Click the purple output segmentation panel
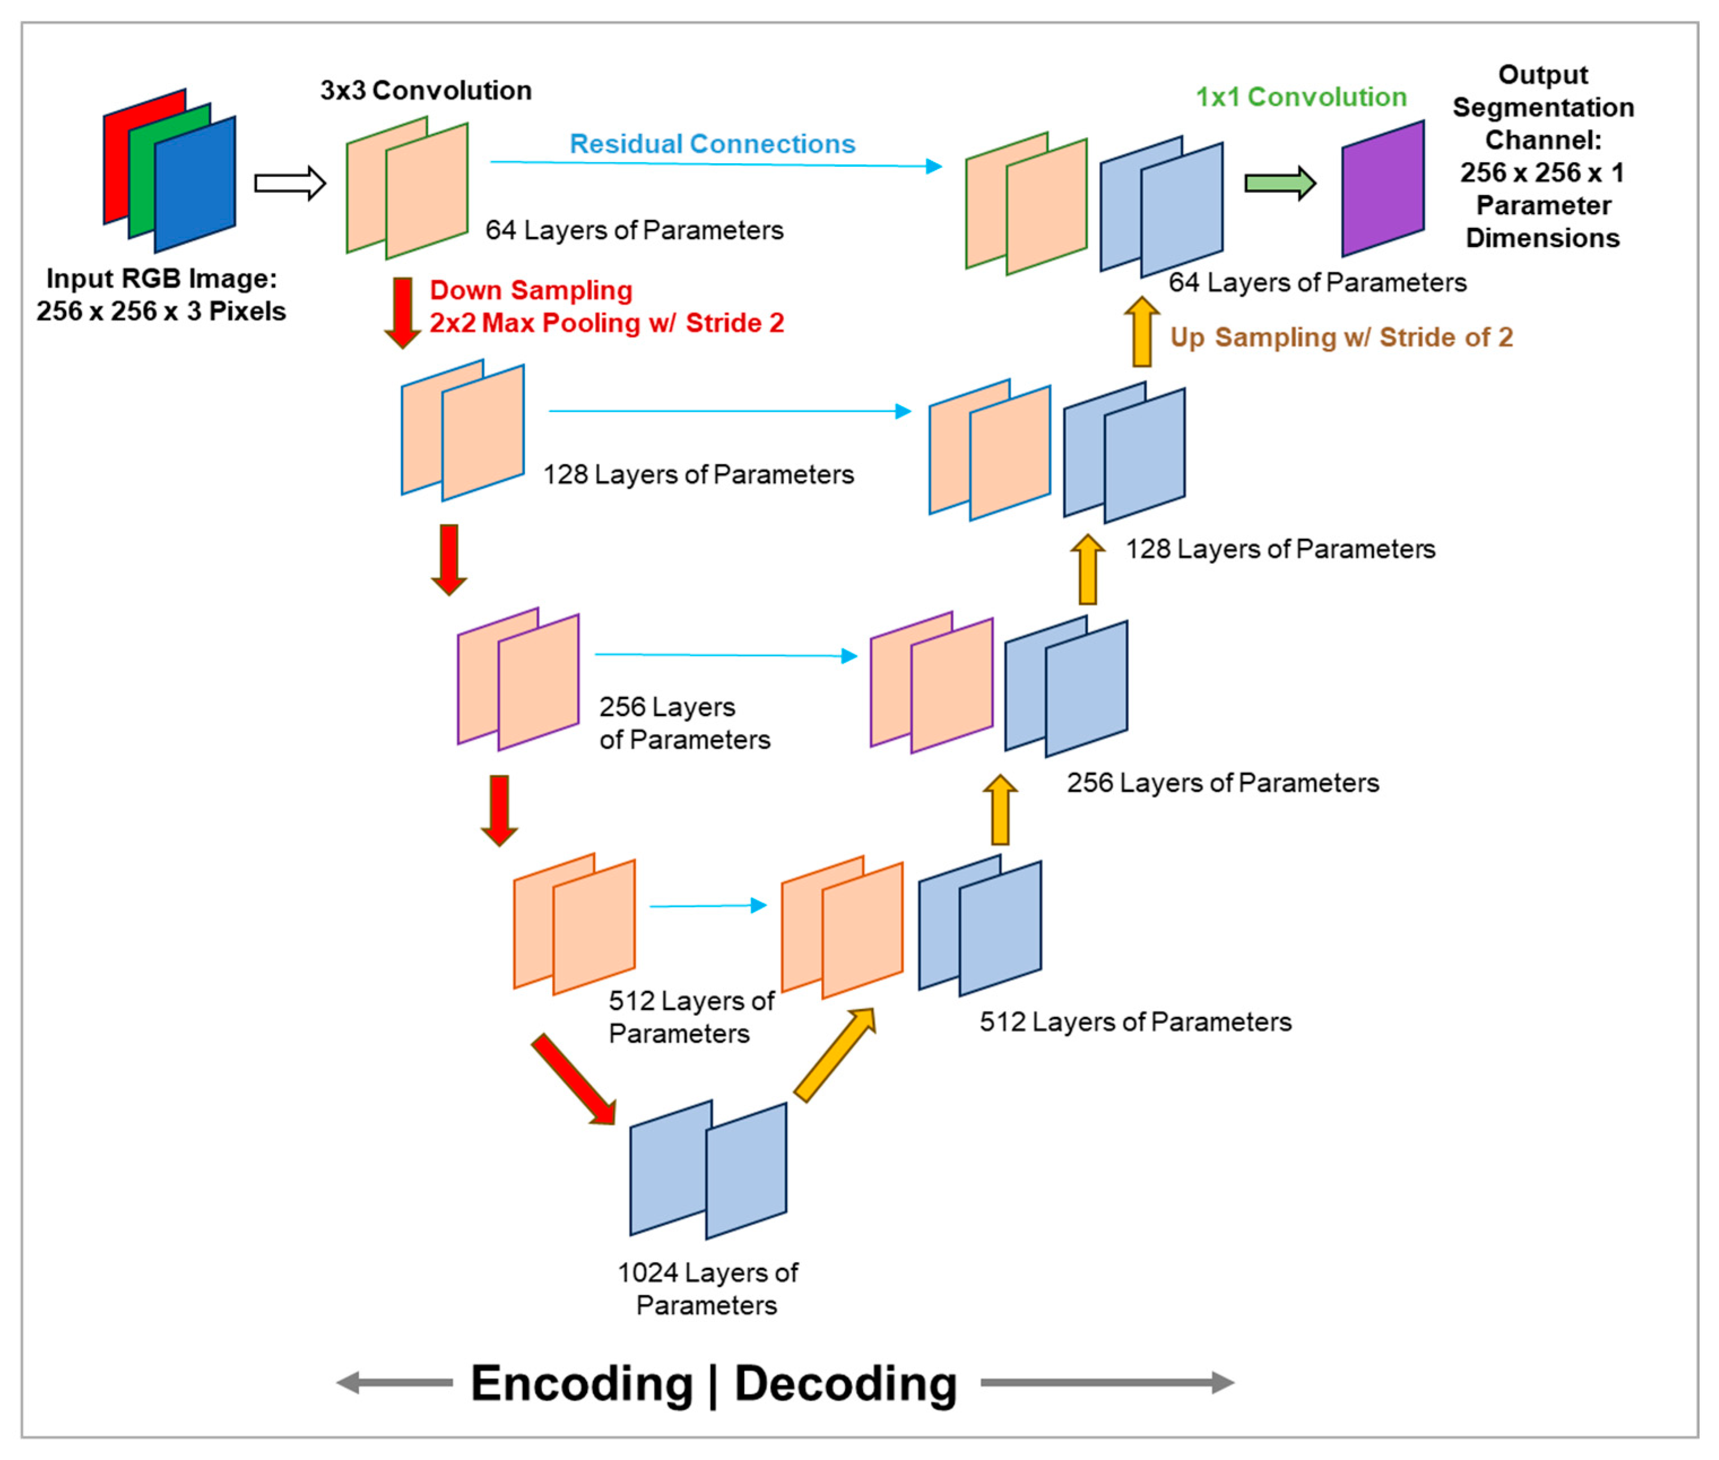pyautogui.click(x=1382, y=189)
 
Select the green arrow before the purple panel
pyautogui.click(x=1279, y=183)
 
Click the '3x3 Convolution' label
pyautogui.click(x=426, y=90)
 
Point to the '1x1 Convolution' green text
pyautogui.click(x=1300, y=97)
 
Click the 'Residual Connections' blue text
pyautogui.click(x=712, y=144)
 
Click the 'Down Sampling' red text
pyautogui.click(x=531, y=290)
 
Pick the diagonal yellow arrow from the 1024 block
pyautogui.click(x=834, y=1055)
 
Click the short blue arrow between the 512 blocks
pyautogui.click(x=707, y=906)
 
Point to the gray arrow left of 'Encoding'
pyautogui.click(x=394, y=1382)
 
